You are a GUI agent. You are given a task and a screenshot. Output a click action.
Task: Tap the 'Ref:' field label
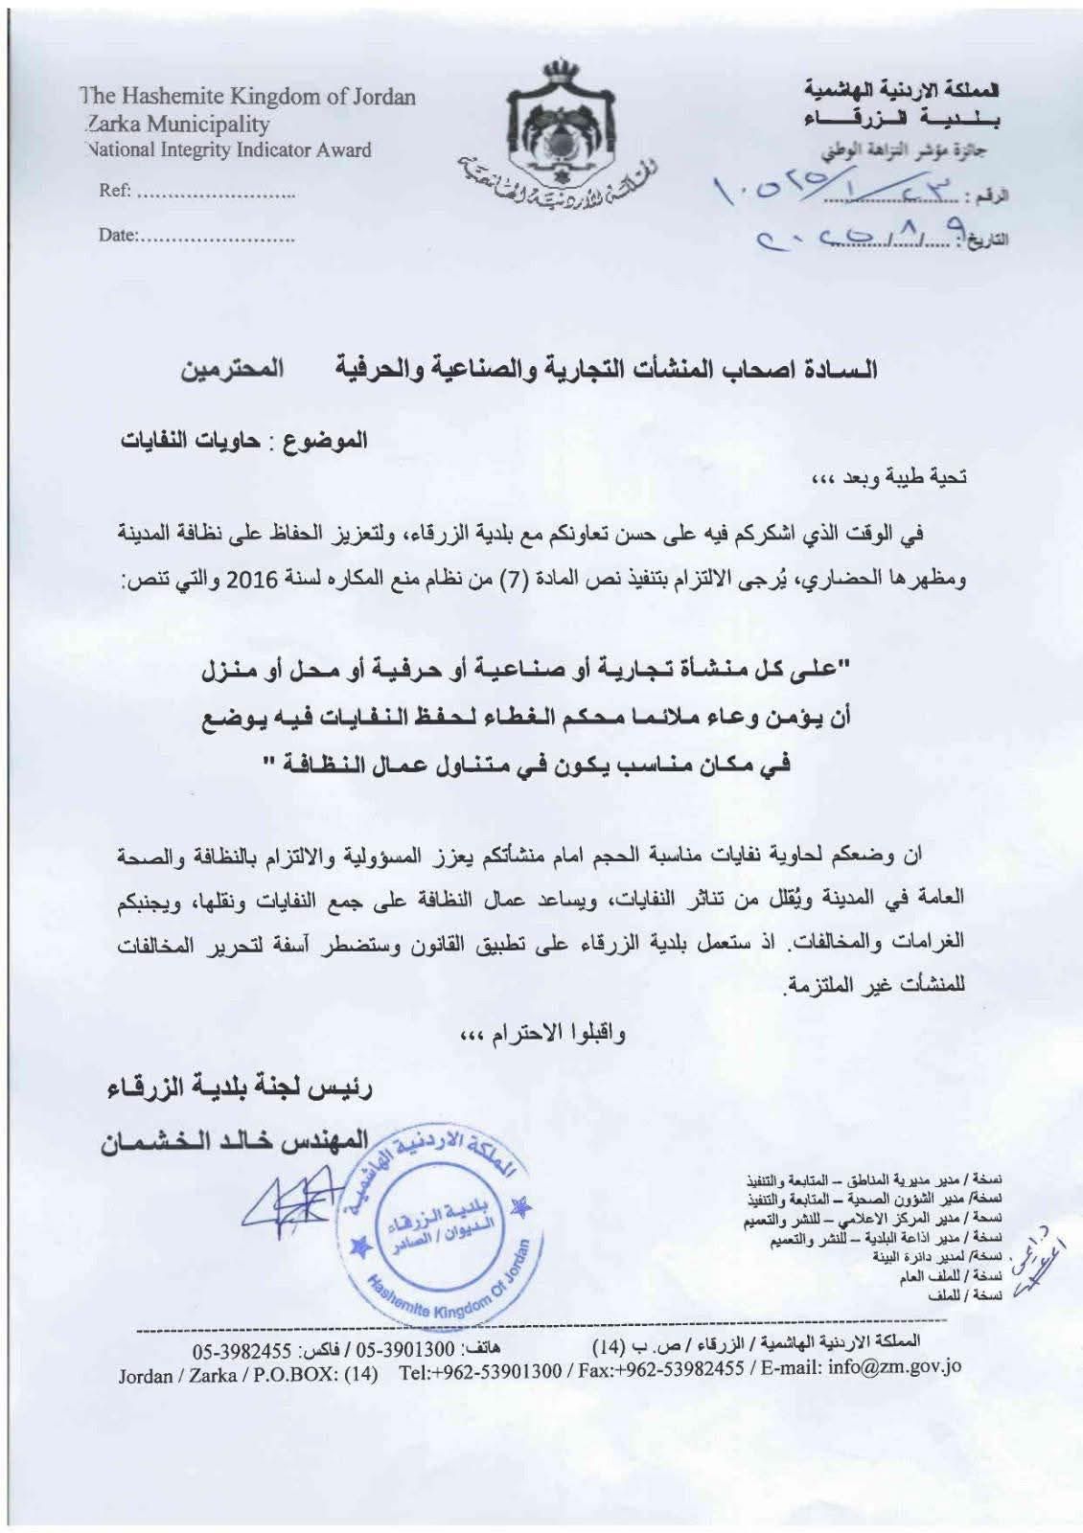point(115,192)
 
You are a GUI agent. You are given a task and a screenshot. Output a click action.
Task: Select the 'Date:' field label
point(119,235)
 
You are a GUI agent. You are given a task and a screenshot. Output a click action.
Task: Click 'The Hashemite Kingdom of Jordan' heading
point(248,97)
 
